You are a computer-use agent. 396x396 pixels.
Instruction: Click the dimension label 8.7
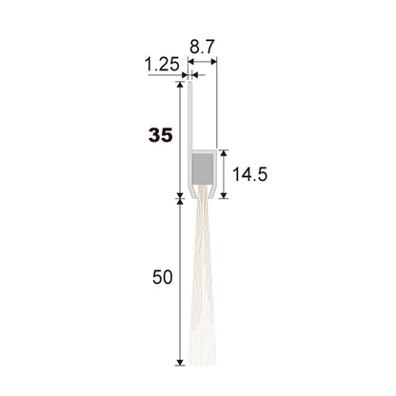(203, 47)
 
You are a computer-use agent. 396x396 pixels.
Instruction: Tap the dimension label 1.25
(162, 65)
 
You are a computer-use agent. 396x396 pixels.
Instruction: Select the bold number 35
(161, 135)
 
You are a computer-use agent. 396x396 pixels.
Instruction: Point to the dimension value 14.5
(249, 174)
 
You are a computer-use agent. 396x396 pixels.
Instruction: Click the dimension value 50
(162, 277)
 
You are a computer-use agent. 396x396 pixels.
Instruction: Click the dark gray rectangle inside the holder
(203, 168)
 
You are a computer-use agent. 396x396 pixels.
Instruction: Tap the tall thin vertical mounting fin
(190, 116)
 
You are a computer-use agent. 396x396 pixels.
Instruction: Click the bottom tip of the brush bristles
(203, 365)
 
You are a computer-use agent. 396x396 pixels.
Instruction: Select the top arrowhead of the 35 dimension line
(180, 85)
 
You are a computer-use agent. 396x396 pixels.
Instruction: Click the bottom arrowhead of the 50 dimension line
(180, 362)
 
